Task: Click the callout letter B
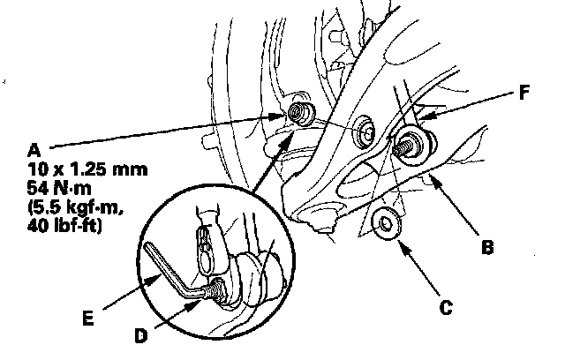click(x=486, y=249)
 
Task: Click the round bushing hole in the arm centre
click(x=365, y=131)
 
